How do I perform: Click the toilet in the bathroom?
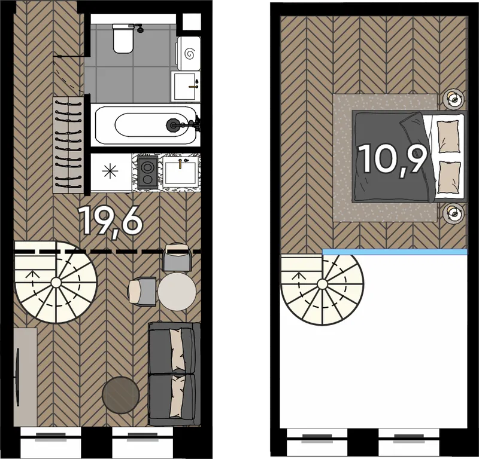coord(123,39)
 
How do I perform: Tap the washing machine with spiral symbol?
coord(188,53)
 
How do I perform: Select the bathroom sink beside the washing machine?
coord(186,86)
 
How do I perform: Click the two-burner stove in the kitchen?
coord(147,172)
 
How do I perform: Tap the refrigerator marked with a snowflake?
coord(111,172)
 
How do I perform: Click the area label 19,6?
coord(111,220)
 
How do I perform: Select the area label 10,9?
coord(393,158)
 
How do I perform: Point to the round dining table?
coord(177,291)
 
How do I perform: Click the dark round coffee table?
coord(121,395)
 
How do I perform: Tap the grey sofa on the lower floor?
coord(174,374)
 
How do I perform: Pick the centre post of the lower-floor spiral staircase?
coord(56,283)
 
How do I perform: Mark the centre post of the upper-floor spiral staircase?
coord(322,284)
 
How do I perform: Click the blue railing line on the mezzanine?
coord(395,252)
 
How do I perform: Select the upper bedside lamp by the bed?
coord(454,99)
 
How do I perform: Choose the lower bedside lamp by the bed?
coord(454,213)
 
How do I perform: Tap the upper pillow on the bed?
coord(448,136)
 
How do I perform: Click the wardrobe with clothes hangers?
coord(68,145)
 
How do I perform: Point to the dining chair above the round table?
coord(177,257)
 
